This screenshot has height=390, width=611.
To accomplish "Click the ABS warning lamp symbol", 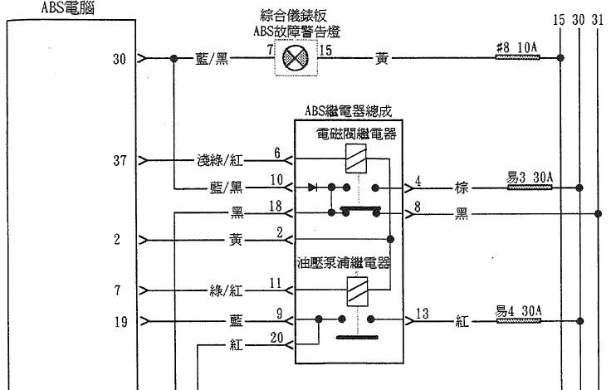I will tap(296, 59).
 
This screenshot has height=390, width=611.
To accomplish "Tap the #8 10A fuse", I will tap(516, 58).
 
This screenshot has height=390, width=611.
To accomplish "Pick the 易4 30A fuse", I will tap(520, 321).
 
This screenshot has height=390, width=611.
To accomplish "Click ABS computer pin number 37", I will tap(120, 161).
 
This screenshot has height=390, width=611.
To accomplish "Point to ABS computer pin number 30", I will tap(120, 59).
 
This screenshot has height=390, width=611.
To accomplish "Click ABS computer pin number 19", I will tap(120, 321).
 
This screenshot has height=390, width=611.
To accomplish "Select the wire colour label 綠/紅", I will tap(225, 290).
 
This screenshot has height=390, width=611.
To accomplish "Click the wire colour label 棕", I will tap(462, 188).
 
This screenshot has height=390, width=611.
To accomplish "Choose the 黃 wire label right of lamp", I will tap(382, 59).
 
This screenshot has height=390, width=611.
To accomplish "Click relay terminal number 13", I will tap(422, 314).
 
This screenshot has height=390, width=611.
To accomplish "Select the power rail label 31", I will tap(599, 19).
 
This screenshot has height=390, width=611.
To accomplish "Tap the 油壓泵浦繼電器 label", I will tap(344, 264).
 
